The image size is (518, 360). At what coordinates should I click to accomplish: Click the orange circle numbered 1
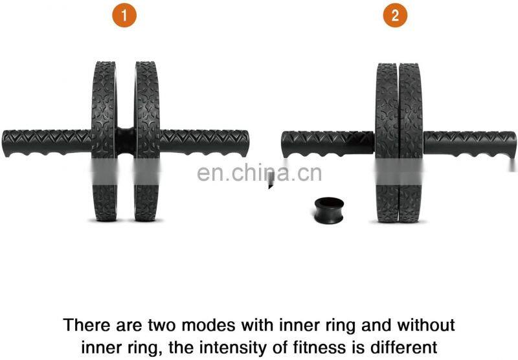coord(124,15)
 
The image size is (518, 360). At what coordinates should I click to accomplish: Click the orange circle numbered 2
coord(395,15)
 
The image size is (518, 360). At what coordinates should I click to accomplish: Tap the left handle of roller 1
coord(47,143)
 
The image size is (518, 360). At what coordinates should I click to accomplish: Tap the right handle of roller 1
coord(204,143)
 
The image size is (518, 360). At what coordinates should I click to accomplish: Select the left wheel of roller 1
coord(104,141)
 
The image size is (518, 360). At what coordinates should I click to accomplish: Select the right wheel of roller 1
coord(148,141)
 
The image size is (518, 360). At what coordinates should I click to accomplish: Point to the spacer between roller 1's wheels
coord(126,141)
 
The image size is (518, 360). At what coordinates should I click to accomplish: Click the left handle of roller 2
coord(328,144)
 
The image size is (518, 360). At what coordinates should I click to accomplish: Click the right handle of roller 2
coord(470,144)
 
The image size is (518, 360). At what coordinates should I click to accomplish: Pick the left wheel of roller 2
coord(387,142)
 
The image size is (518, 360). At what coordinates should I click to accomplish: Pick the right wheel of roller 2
coord(411,142)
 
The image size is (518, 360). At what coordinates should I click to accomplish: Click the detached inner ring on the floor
coord(330,210)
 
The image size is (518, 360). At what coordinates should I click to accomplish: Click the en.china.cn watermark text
coord(260,173)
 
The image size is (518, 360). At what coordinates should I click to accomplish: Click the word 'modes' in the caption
coord(208,325)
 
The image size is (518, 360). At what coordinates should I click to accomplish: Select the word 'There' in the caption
coord(87,325)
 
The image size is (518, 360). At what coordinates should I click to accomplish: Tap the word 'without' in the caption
coord(426,325)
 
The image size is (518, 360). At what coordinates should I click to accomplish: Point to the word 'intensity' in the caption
coord(234,348)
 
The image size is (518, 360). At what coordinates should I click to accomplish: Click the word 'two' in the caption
coord(163,326)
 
